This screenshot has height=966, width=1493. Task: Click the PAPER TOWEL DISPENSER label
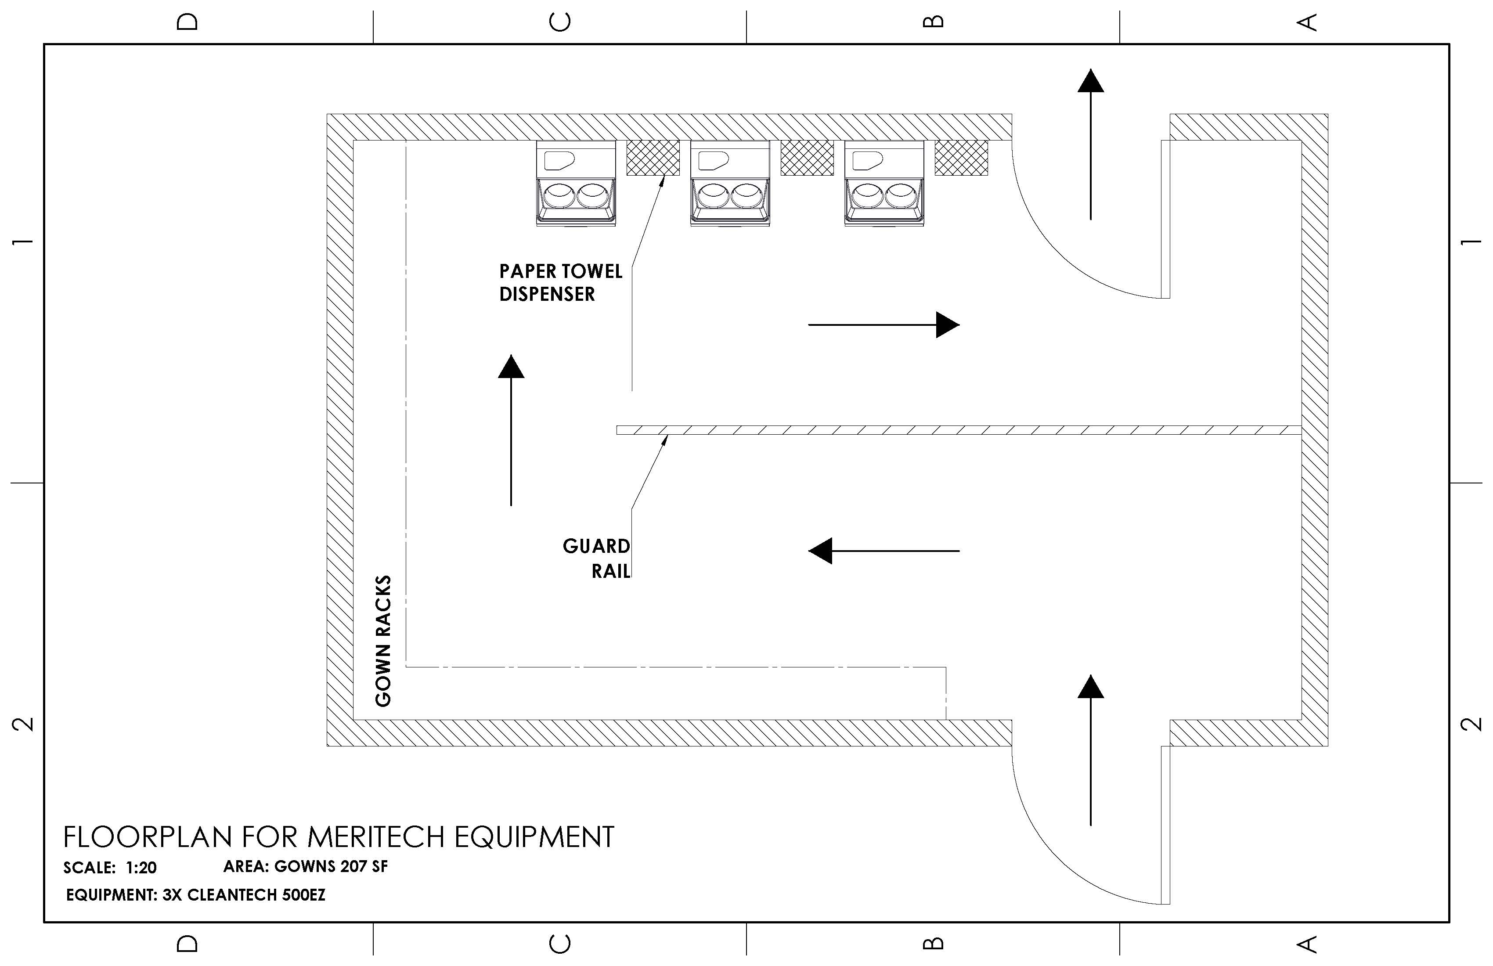point(560,282)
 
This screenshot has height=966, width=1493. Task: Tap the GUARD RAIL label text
point(597,558)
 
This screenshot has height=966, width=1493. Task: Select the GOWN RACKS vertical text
point(383,641)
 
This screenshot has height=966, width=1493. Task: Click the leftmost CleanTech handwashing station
point(575,183)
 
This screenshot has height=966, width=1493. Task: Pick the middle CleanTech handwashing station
point(729,183)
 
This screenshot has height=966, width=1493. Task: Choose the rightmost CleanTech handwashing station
point(884,183)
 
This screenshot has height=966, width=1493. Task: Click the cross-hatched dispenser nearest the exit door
point(961,158)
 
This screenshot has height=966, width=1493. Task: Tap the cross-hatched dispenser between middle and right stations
point(807,158)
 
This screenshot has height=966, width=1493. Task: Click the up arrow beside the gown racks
point(511,430)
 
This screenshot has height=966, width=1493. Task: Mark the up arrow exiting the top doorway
point(1090,144)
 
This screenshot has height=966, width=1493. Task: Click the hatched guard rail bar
point(959,430)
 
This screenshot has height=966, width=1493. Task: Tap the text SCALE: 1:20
point(110,868)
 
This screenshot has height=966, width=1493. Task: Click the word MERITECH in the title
point(378,837)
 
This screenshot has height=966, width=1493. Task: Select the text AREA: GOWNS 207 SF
point(306,866)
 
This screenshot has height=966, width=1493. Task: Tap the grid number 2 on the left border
point(23,724)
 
